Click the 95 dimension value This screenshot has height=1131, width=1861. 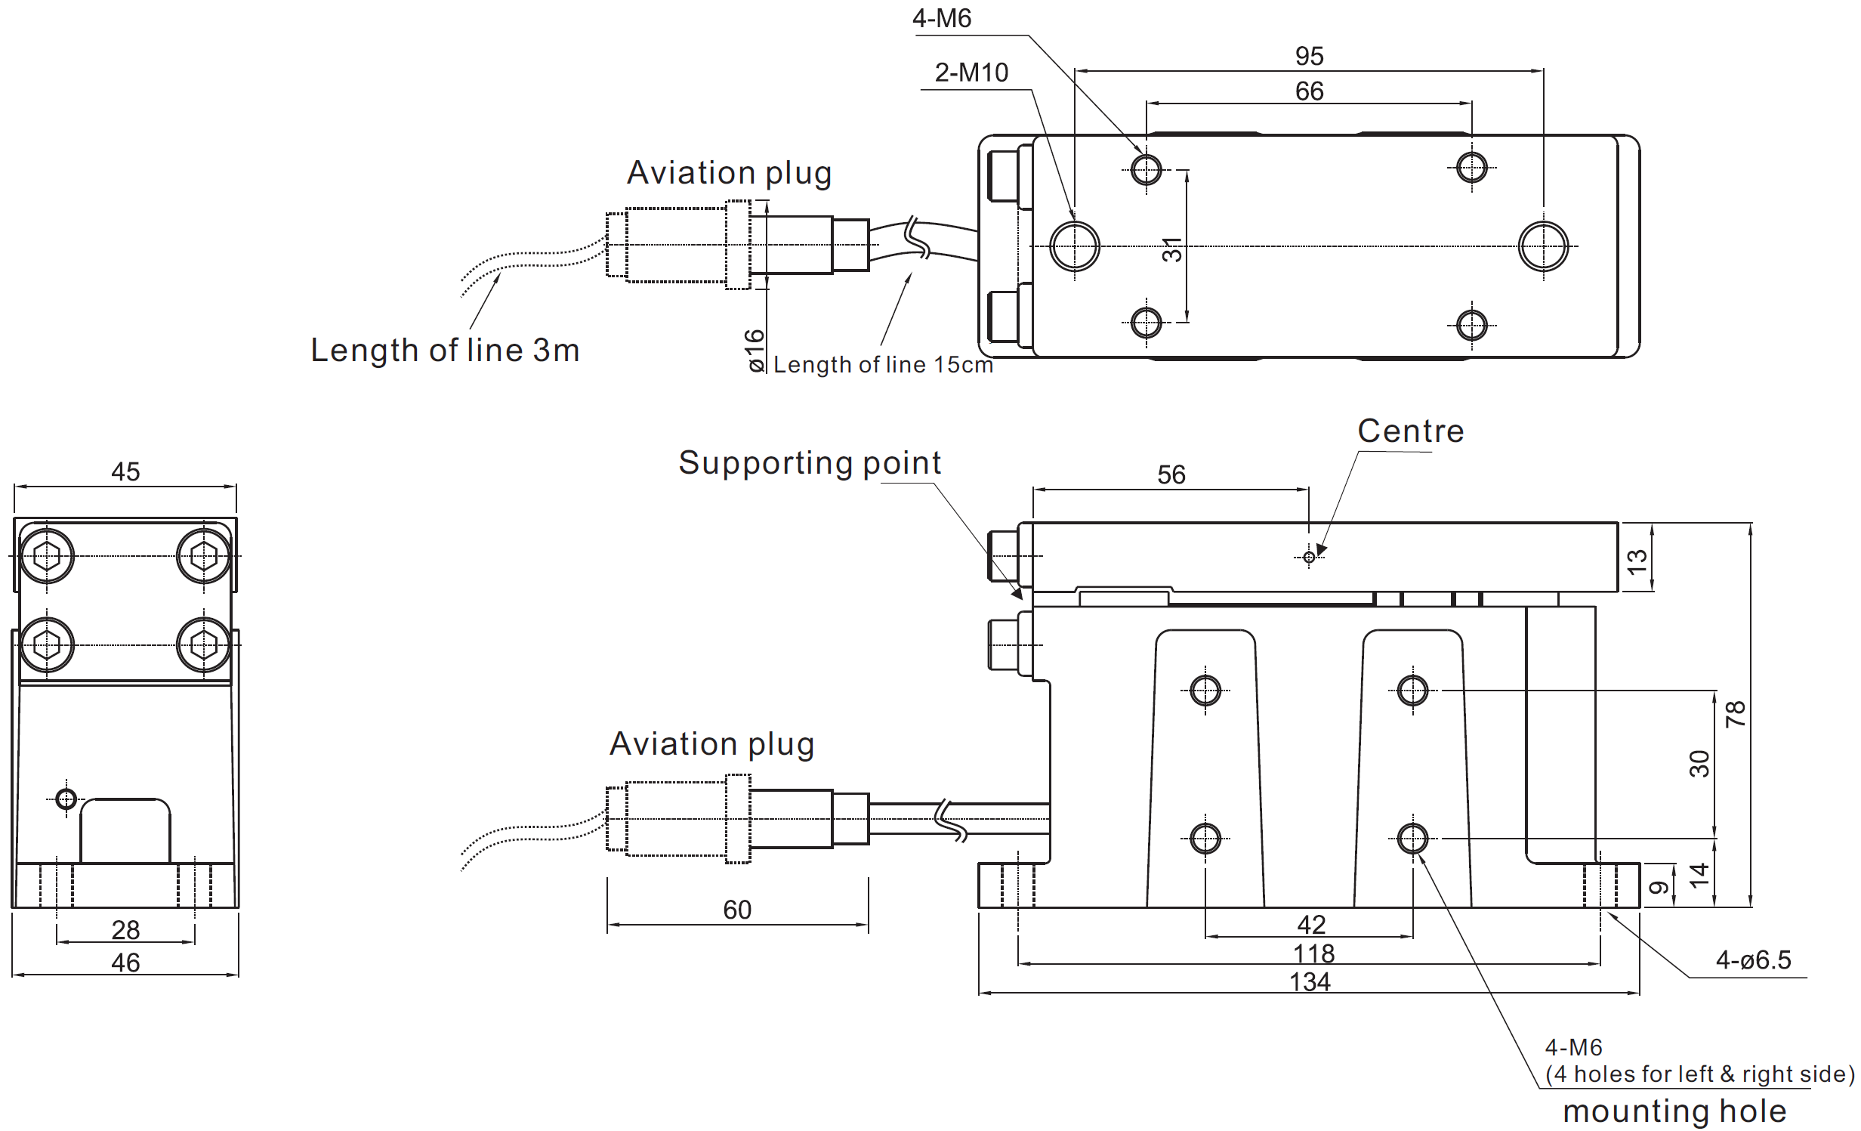(x=1309, y=56)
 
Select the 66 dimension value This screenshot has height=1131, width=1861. (x=1309, y=91)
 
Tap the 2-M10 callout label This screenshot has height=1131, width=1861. (x=971, y=73)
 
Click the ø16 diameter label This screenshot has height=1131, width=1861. (x=755, y=351)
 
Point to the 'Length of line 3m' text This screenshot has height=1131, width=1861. (x=445, y=351)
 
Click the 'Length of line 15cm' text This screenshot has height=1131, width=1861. (x=883, y=365)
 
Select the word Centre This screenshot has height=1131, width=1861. (x=1410, y=431)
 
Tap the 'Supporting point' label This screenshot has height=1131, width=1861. (x=810, y=462)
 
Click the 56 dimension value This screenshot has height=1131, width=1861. (x=1171, y=475)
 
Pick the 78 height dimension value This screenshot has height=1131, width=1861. (x=1736, y=714)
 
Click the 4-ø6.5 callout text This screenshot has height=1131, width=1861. (x=1753, y=960)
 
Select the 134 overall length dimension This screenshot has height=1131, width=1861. (x=1310, y=982)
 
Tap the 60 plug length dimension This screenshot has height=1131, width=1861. (x=737, y=910)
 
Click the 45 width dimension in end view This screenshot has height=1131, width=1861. (x=125, y=472)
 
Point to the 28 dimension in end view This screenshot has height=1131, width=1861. (x=125, y=930)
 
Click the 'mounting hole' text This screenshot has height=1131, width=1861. (x=1674, y=1111)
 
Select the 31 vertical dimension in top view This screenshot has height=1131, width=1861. (x=1171, y=249)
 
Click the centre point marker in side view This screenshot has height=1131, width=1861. (x=1309, y=558)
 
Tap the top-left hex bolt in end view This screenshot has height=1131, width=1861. (x=48, y=557)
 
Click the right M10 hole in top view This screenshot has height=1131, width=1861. (x=1543, y=246)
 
